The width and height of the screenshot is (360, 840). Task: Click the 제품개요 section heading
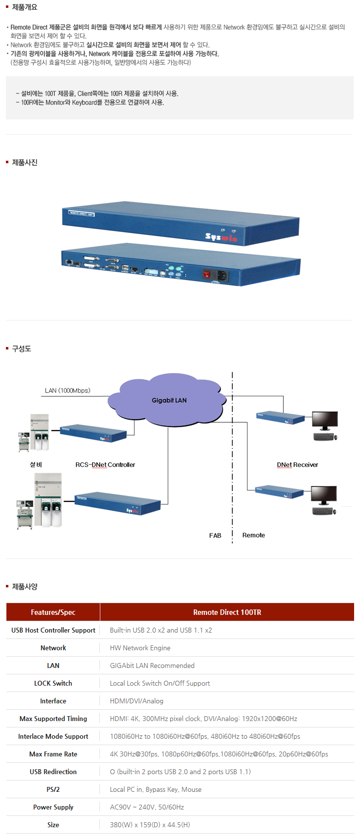24,7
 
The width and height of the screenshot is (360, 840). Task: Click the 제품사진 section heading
24,163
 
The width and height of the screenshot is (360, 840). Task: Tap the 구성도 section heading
21,348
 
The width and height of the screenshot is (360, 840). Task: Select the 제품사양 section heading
24,586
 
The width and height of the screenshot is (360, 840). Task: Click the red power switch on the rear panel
207,275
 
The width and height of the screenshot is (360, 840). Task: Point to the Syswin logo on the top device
221,237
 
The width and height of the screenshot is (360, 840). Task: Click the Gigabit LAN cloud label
169,400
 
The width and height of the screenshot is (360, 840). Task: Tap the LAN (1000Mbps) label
67,390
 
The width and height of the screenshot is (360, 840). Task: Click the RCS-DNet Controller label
105,464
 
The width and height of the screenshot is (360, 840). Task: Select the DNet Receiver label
297,464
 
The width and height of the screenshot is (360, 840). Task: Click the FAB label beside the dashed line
215,535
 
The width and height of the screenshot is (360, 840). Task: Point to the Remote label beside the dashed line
253,535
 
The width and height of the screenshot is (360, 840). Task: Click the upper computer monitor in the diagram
325,421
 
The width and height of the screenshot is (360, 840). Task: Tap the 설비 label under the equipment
36,464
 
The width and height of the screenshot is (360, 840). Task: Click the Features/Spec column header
53,612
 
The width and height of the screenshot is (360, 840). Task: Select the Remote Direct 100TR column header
227,612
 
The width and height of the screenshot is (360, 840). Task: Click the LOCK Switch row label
53,683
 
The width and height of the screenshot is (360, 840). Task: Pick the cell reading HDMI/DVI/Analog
136,701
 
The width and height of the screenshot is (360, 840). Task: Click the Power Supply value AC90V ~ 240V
147,807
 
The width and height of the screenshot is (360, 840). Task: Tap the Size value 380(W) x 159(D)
150,825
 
